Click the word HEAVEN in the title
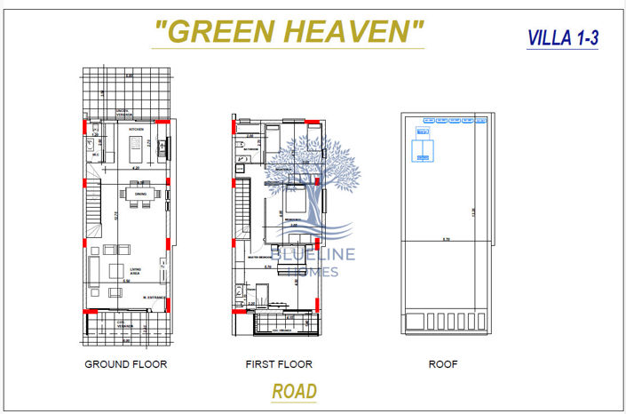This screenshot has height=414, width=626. point(352,31)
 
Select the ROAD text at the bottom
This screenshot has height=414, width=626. point(295,391)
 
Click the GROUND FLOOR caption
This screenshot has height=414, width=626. point(125,364)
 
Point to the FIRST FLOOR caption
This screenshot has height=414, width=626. point(279,364)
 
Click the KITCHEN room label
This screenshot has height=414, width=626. point(136,130)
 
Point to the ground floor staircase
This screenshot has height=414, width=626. point(92,209)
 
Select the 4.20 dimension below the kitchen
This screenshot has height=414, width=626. point(135,167)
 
